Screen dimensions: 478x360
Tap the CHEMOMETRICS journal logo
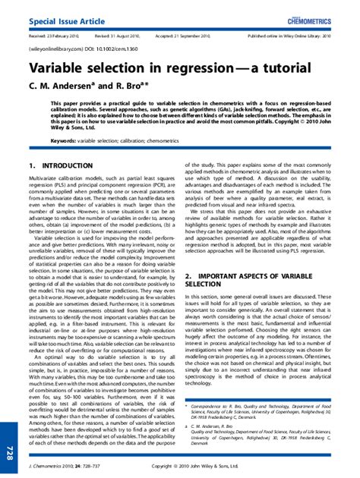click(322, 13)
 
